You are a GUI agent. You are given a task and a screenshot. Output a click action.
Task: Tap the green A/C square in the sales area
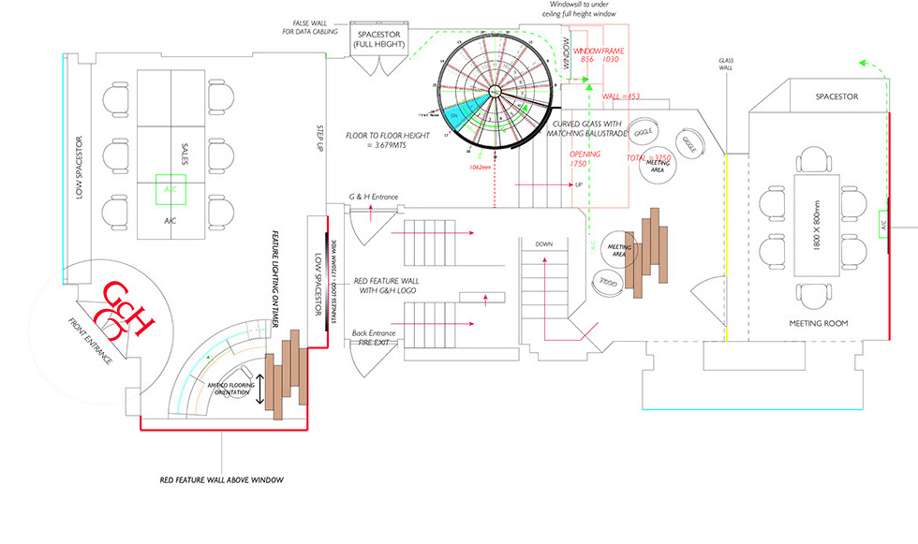coord(170,188)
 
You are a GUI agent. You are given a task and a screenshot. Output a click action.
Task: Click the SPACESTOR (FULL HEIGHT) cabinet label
coord(380,40)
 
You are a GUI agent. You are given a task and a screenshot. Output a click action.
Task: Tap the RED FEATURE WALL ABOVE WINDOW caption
coord(221,479)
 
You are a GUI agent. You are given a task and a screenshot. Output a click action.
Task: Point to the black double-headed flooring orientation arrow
coord(259,385)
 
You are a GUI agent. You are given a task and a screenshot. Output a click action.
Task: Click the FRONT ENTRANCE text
coord(91,341)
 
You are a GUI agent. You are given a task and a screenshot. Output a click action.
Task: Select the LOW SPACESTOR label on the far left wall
coord(81,169)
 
